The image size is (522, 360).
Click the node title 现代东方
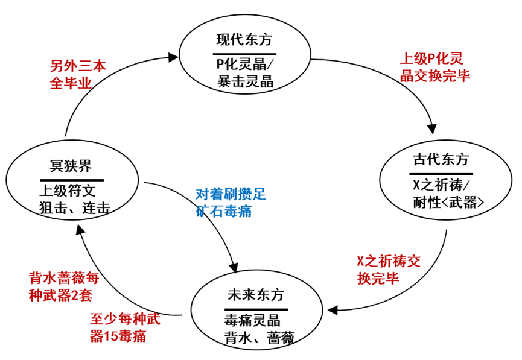click(x=244, y=40)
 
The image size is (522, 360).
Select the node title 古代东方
click(x=441, y=160)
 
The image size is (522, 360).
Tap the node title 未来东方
click(x=256, y=295)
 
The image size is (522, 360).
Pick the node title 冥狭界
click(x=71, y=166)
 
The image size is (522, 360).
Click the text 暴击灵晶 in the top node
click(x=246, y=81)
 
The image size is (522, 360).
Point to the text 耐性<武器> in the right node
click(x=448, y=202)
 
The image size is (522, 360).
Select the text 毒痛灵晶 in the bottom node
click(x=253, y=321)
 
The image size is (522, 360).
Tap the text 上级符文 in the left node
click(x=68, y=191)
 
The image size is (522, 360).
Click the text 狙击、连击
click(x=75, y=208)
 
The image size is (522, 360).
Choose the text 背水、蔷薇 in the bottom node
click(x=259, y=338)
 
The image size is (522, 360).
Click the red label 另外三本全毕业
click(x=78, y=75)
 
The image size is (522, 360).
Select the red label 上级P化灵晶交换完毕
click(x=434, y=67)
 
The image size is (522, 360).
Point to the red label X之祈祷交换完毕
click(x=389, y=270)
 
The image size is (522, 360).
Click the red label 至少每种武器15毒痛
click(x=125, y=327)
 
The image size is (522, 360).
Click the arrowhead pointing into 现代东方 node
click(x=173, y=57)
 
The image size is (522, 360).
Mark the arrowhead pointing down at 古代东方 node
click(x=432, y=128)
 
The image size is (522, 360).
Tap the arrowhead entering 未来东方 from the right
click(x=333, y=310)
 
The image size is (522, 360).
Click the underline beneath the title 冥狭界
click(x=72, y=180)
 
